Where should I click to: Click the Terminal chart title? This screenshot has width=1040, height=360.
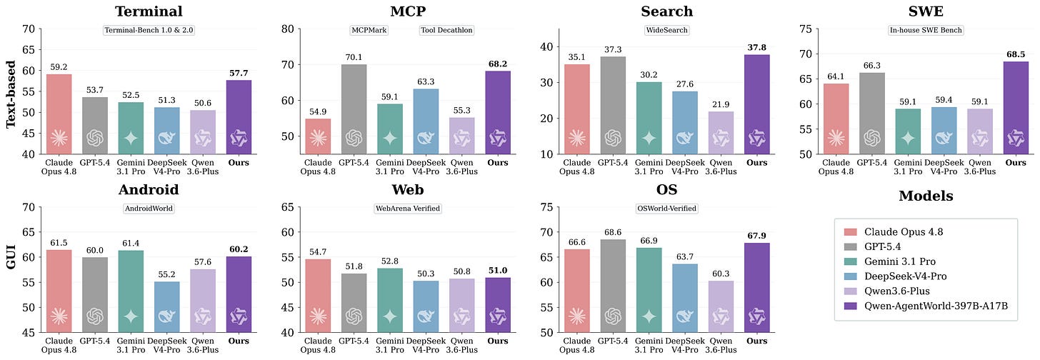coord(149,11)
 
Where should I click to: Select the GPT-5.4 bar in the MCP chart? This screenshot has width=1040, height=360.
coord(354,109)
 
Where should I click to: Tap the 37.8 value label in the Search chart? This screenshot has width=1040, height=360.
coord(757,47)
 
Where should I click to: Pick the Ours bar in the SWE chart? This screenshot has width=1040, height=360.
coord(1016,108)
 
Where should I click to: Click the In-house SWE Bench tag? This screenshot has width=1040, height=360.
coord(926,30)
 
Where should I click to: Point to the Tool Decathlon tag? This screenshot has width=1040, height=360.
coord(446,30)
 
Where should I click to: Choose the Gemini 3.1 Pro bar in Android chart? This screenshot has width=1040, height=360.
coord(131,291)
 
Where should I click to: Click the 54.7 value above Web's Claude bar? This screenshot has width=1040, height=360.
coord(318,251)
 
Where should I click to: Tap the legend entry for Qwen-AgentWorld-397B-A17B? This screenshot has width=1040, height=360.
coord(936,306)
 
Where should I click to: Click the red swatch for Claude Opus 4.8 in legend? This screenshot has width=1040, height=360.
coord(851,232)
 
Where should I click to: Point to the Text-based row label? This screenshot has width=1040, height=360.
coord(11,94)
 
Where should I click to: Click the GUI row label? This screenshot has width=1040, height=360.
coord(11,256)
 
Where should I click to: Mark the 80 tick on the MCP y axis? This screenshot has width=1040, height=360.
coord(288,29)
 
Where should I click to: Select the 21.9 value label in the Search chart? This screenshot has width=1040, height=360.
coord(721,104)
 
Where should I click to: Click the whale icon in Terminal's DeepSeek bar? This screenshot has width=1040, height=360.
coord(166,138)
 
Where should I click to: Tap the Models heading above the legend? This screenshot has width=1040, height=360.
coord(926,196)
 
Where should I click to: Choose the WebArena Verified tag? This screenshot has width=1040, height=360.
coord(408,209)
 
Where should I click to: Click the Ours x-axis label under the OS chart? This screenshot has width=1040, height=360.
coord(757,341)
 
